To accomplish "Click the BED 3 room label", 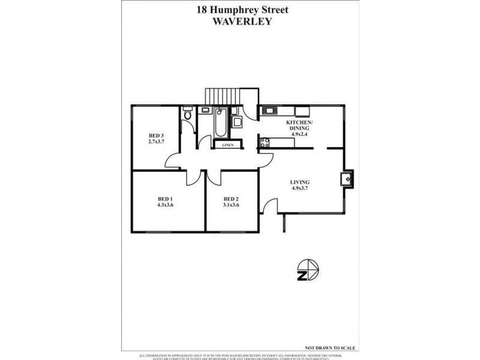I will coord(157,136).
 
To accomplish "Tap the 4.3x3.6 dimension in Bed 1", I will coord(165,205).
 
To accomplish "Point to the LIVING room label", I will coord(299,182).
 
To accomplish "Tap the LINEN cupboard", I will coord(227,145).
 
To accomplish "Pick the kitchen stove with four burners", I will coord(264,143).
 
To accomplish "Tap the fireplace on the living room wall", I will coord(347,178).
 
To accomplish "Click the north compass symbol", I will coord(308,271).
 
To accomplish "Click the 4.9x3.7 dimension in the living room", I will coord(299,188).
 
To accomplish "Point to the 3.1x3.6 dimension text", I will coord(231,205).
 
